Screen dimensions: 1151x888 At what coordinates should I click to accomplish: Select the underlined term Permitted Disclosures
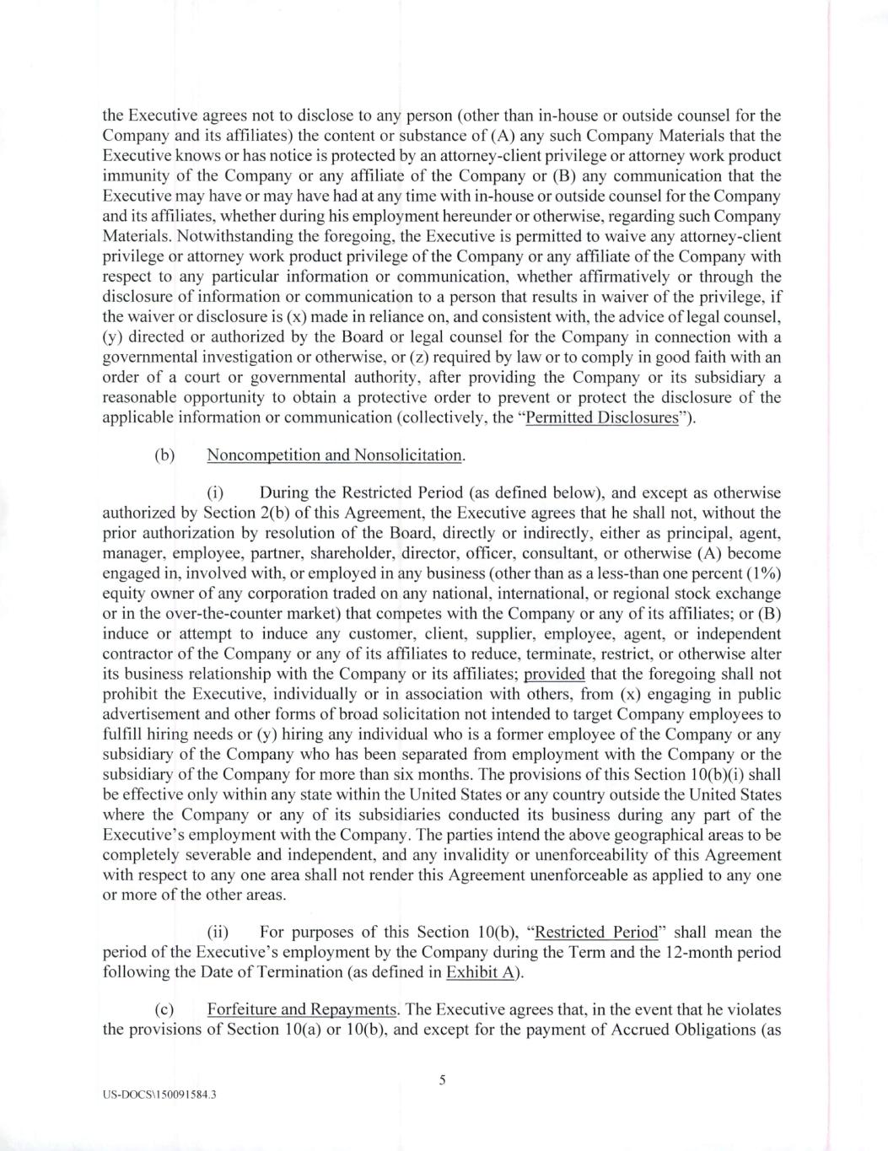click(x=602, y=418)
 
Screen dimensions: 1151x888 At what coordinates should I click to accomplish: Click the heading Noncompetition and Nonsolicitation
click(x=335, y=455)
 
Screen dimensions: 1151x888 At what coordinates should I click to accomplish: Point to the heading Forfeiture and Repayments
click(x=302, y=1009)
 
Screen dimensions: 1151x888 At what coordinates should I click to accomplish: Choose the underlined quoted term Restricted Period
click(x=596, y=932)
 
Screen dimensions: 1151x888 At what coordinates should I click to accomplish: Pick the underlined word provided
click(x=554, y=674)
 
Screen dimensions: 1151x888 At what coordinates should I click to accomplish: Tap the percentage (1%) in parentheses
click(x=762, y=573)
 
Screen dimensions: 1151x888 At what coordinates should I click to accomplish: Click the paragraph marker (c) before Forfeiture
click(x=164, y=1009)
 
